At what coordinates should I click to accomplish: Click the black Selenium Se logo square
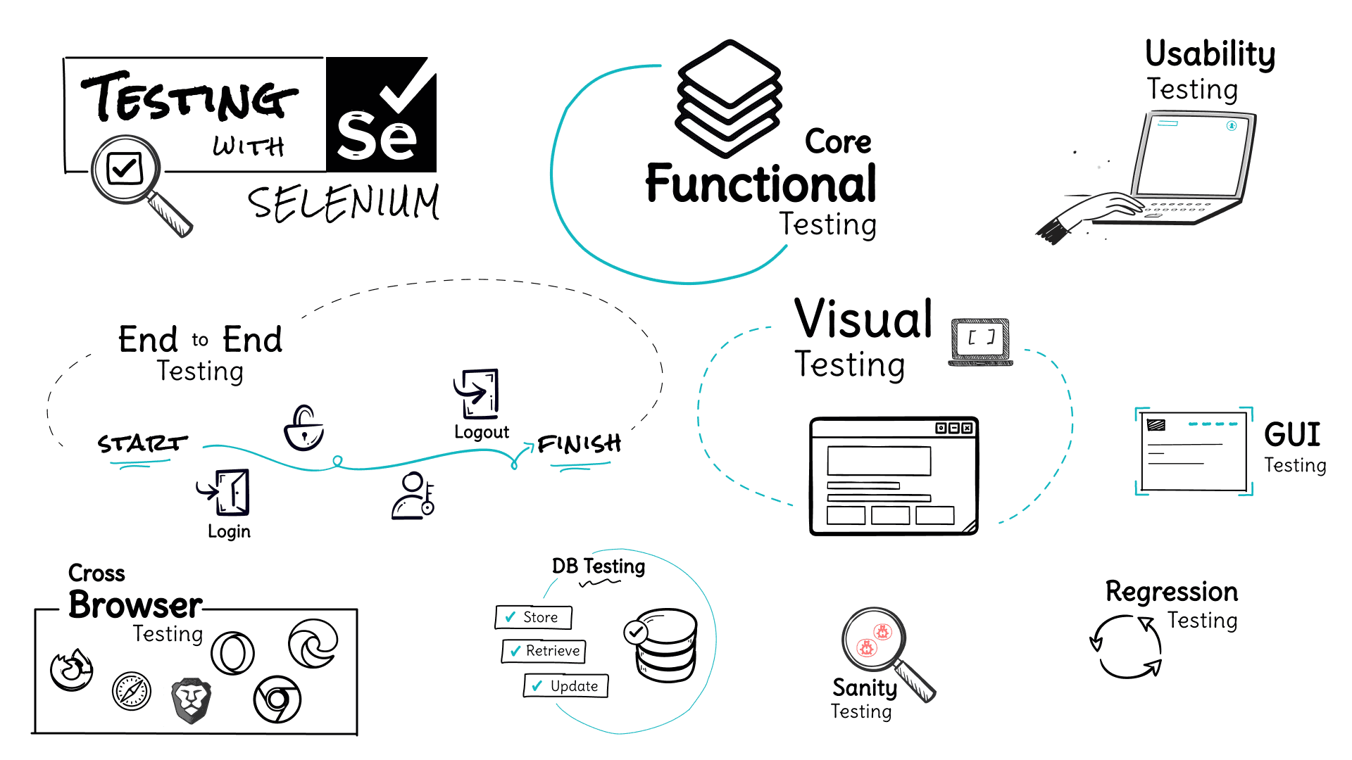[x=381, y=115]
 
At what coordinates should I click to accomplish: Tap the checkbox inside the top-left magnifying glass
[x=125, y=168]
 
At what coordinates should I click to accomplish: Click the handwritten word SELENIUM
[x=344, y=203]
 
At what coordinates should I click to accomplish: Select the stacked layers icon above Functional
[x=729, y=98]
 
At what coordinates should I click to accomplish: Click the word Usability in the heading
[x=1210, y=54]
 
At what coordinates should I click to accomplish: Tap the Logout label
[x=482, y=431]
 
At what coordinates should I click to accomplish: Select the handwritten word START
[x=143, y=443]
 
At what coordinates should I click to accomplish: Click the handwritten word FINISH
[x=579, y=443]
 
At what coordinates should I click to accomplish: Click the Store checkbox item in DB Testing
[x=533, y=617]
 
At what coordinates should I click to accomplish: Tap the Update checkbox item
[x=565, y=685]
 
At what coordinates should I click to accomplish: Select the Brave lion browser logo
[x=191, y=700]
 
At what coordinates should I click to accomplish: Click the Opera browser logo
[x=232, y=653]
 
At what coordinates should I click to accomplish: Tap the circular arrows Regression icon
[x=1126, y=647]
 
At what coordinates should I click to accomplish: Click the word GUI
[x=1291, y=434]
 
